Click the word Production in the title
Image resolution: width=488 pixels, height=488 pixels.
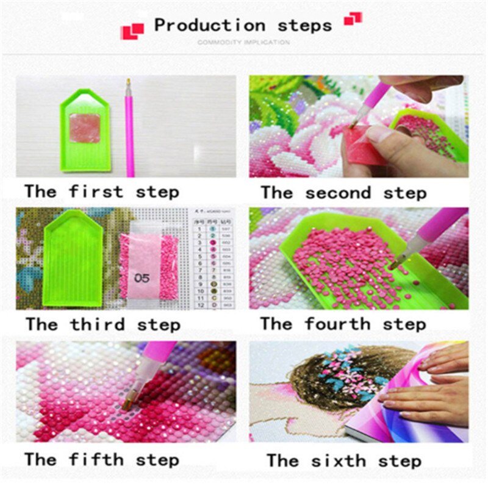209,26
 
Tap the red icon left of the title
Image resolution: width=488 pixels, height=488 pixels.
132,30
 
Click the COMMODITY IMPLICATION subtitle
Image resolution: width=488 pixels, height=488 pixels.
243,43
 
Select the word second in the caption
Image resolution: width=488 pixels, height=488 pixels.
337,193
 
